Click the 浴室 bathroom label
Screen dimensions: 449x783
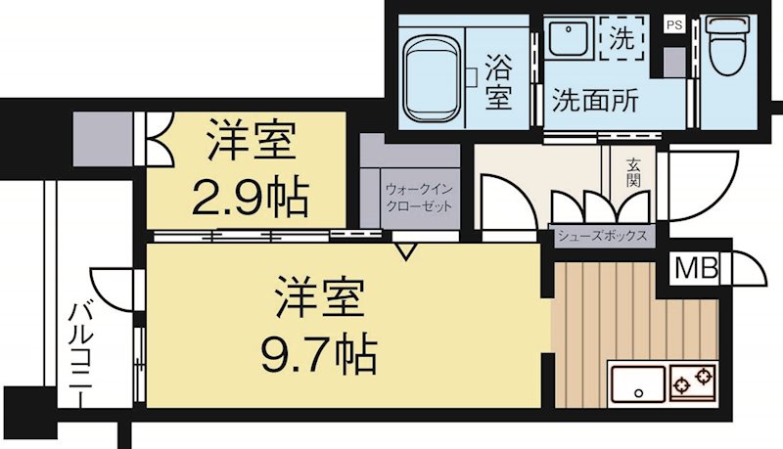[x=497, y=81]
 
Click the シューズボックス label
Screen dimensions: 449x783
[x=602, y=236]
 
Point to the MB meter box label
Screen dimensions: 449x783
[x=696, y=266]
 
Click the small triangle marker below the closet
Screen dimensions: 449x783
[x=405, y=252]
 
